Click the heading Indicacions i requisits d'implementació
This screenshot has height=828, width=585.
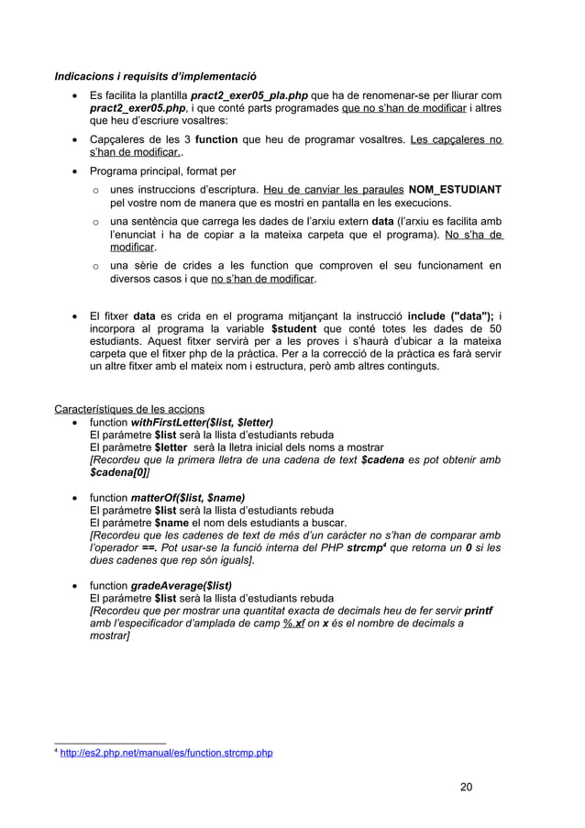pos(155,76)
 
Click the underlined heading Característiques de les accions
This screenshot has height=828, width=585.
pos(129,409)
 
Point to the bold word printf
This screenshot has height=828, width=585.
pos(477,610)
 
